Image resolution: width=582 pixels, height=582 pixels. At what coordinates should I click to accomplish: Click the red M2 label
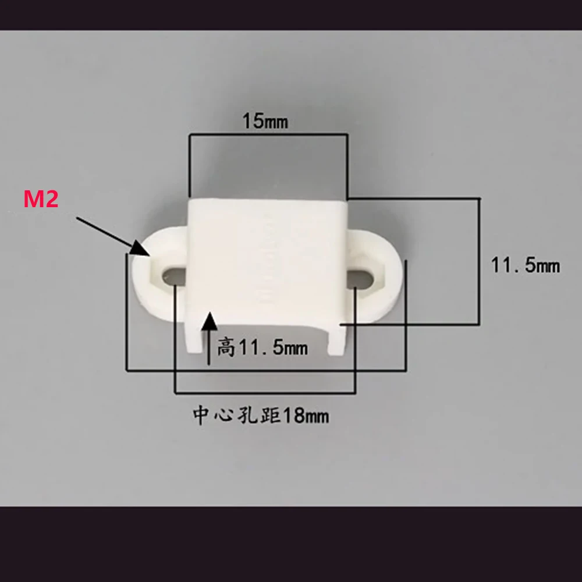(x=40, y=200)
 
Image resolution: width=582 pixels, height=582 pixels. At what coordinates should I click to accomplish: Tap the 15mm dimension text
(x=265, y=122)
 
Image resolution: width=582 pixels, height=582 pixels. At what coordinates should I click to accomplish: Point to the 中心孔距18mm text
(x=261, y=416)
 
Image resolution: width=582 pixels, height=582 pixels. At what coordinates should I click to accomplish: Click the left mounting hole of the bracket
(x=172, y=272)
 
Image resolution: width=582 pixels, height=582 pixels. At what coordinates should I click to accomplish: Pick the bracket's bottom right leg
(x=337, y=343)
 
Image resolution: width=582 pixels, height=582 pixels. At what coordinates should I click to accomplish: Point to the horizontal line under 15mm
(x=268, y=135)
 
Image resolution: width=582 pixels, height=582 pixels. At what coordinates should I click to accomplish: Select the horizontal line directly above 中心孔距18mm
(x=265, y=393)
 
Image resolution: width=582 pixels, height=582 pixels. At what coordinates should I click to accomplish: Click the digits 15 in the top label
(x=252, y=122)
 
